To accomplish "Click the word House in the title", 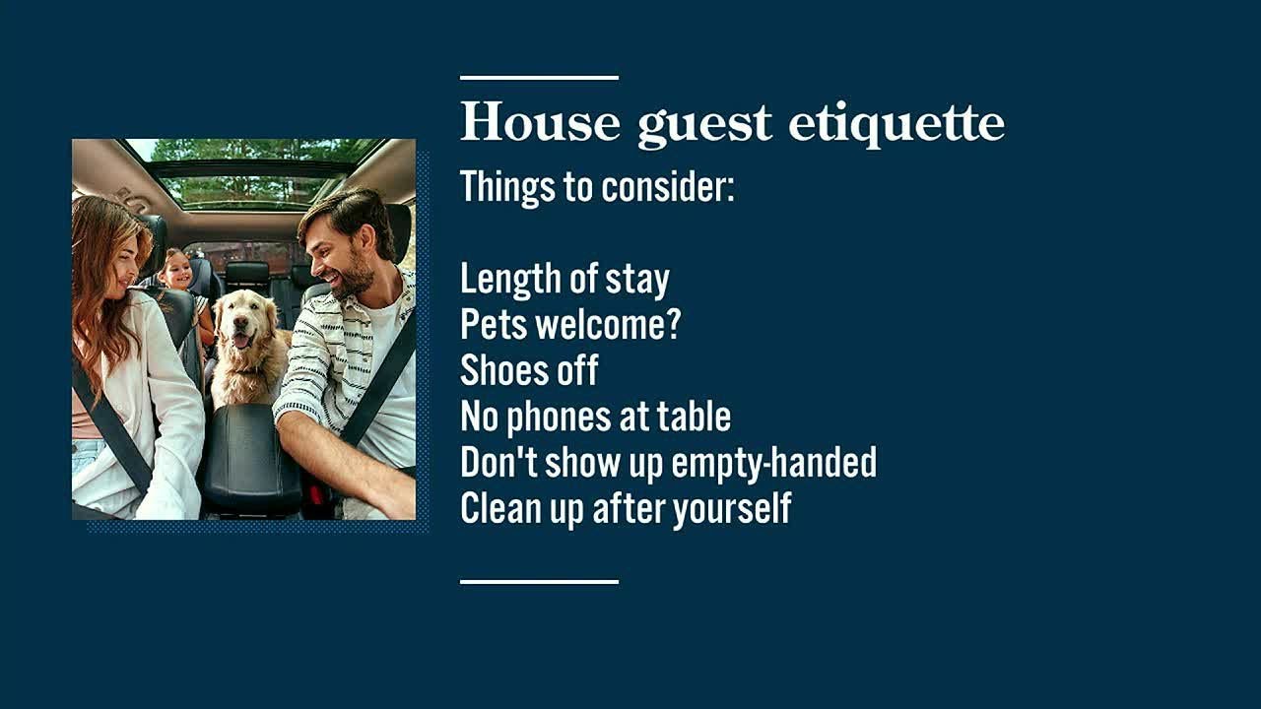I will (540, 122).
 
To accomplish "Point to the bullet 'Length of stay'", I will (564, 280).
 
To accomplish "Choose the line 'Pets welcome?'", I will (570, 325).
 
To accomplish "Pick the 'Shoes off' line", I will (529, 371).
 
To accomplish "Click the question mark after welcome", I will (674, 325).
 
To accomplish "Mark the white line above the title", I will (539, 77).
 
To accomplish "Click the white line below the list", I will (539, 582).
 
